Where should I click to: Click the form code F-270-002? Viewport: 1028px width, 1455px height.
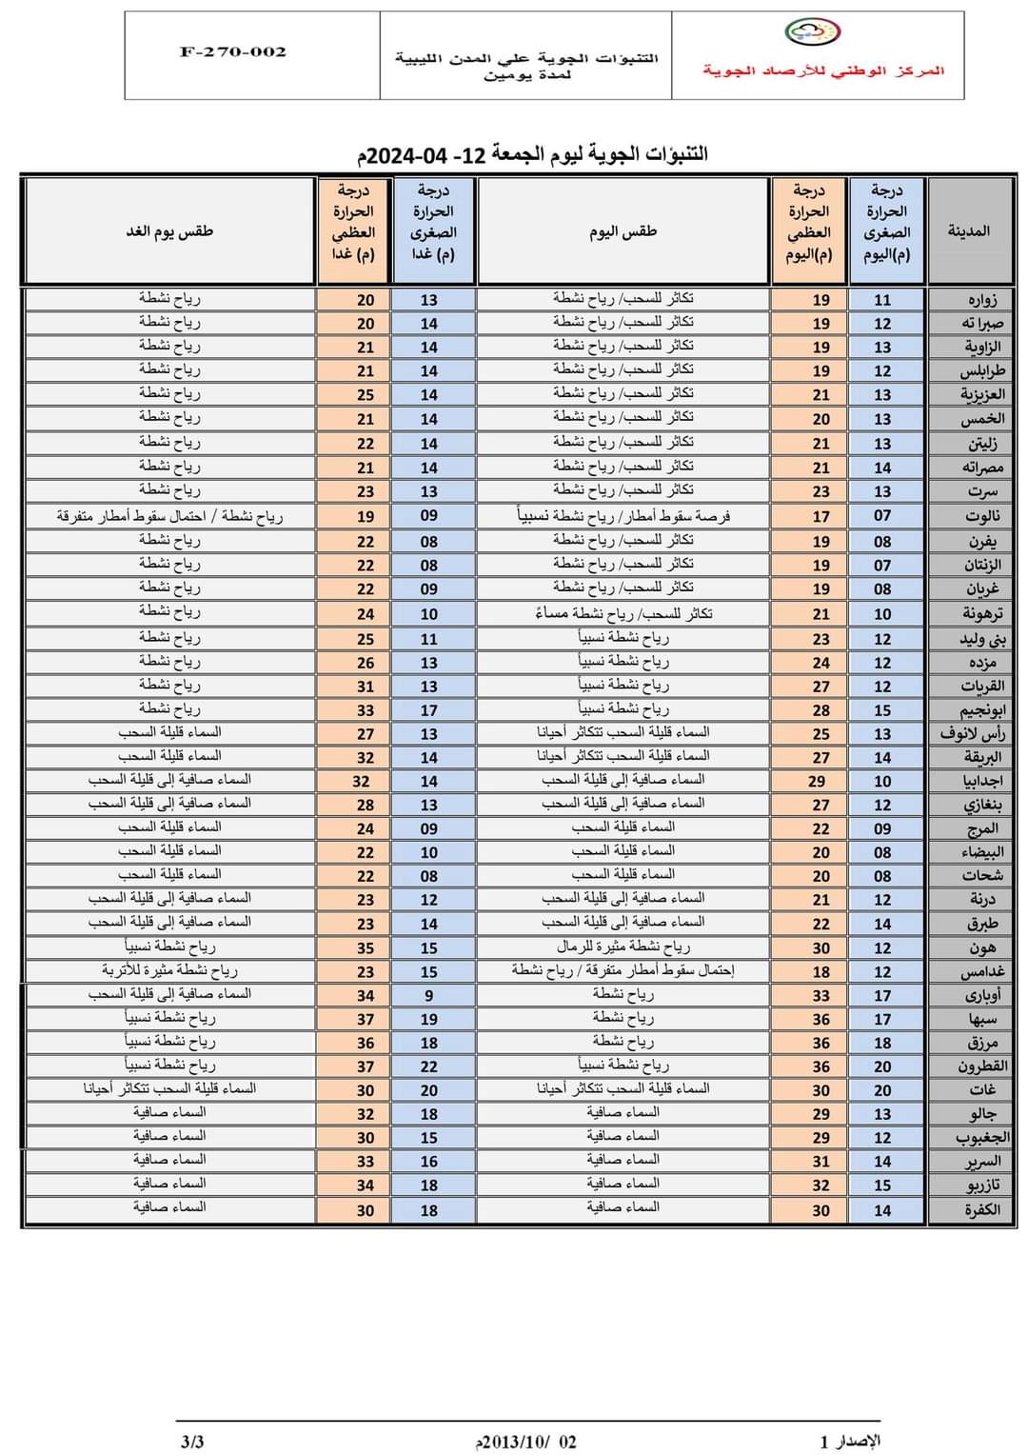point(232,52)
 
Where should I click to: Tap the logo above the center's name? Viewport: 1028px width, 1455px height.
point(812,33)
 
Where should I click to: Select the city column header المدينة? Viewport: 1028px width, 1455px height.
point(968,230)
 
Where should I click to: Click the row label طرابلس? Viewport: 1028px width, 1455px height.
point(981,371)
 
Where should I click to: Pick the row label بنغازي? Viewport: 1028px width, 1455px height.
point(981,805)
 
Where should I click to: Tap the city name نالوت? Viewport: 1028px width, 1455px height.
point(981,516)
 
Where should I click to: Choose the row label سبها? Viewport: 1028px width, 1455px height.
point(982,1019)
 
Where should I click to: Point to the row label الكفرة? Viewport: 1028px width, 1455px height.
point(981,1210)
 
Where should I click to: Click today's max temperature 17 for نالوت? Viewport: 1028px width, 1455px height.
point(820,516)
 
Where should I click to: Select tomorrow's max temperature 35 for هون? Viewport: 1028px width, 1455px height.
point(366,948)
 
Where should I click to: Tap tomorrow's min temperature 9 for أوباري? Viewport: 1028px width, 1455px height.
point(428,995)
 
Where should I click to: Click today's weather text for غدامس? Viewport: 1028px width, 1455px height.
point(623,971)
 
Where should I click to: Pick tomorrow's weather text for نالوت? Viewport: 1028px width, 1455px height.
point(169,516)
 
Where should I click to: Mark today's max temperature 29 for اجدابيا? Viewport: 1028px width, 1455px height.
point(816,781)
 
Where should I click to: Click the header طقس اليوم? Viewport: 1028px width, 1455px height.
point(623,231)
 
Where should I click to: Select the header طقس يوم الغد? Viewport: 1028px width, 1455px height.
point(169,231)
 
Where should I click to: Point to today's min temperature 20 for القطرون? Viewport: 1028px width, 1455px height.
point(882,1066)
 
